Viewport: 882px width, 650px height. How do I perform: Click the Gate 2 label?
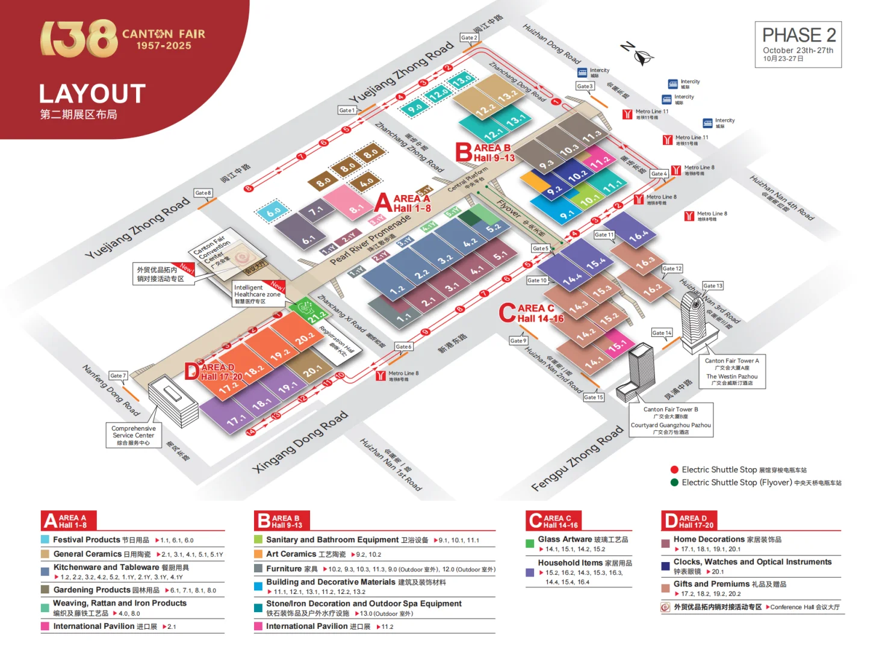coord(468,37)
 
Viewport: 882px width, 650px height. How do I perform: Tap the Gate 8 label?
coord(203,193)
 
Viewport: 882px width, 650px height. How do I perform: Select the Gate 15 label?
coord(593,397)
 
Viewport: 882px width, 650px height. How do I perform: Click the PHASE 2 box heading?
coord(798,36)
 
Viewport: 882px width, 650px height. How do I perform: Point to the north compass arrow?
coord(638,54)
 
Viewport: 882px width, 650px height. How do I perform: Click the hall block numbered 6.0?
coord(274,212)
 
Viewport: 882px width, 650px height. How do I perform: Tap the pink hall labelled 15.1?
coord(618,347)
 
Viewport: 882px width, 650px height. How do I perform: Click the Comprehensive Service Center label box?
coord(134,435)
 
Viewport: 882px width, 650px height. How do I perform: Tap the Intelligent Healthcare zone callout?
coord(257,294)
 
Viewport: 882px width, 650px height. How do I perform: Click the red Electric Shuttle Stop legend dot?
coord(674,469)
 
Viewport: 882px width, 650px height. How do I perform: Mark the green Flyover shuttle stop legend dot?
coord(674,482)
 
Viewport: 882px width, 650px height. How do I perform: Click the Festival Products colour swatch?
coord(45,540)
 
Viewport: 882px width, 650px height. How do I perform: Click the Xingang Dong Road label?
coord(300,441)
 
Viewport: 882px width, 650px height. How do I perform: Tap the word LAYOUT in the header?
coord(92,94)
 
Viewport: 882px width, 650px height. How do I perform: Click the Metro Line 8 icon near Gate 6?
coord(380,376)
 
